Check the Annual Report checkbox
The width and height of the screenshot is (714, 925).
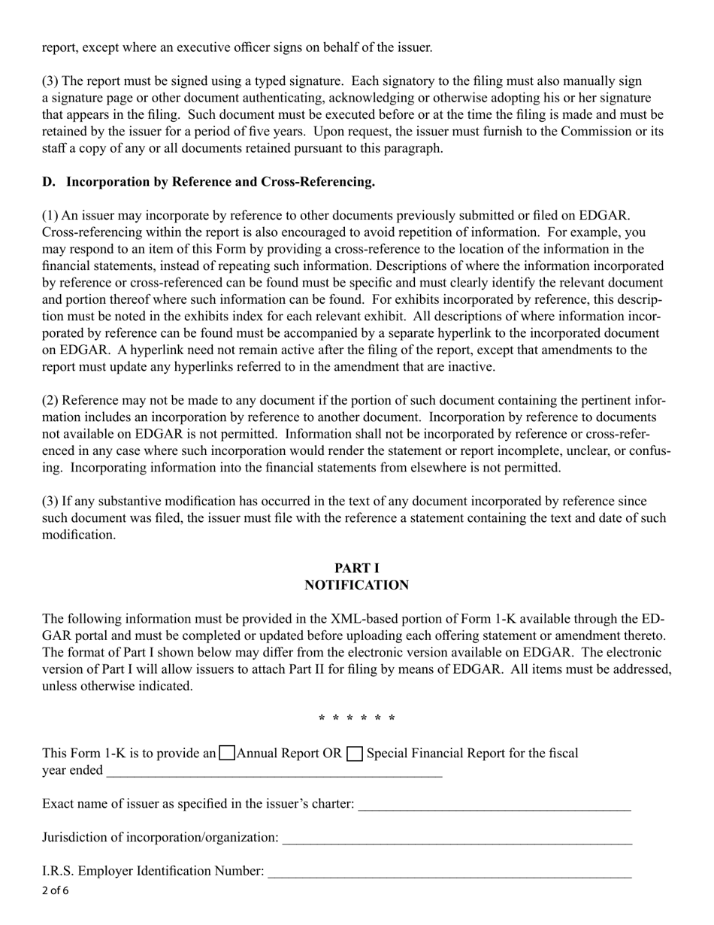click(x=227, y=754)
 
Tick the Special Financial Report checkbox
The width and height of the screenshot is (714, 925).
click(x=355, y=754)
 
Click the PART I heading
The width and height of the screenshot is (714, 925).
click(x=356, y=569)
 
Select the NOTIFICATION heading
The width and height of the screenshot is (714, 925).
click(x=356, y=585)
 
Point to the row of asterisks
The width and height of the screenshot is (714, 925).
click(x=356, y=719)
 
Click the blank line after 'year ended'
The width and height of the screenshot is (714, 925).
click(x=274, y=771)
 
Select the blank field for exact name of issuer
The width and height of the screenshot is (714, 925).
click(x=495, y=805)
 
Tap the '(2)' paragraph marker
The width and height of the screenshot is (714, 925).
click(x=50, y=401)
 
